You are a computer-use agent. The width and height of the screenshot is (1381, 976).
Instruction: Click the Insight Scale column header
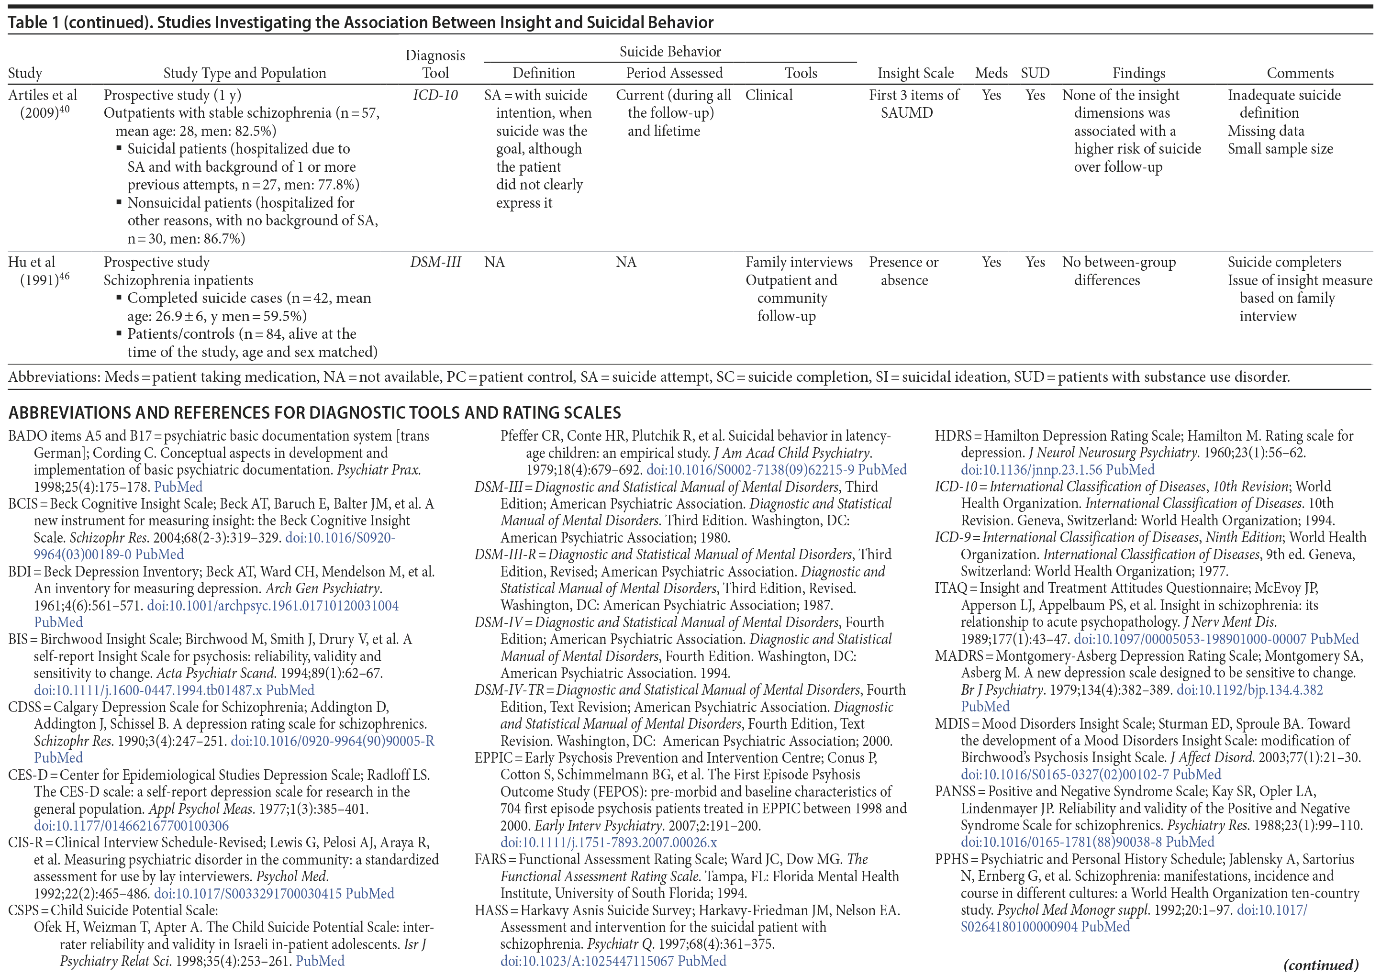coord(915,73)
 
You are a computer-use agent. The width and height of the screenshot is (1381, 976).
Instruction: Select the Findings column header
coord(1138,73)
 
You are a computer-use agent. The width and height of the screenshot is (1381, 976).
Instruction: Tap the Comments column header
coord(1300,73)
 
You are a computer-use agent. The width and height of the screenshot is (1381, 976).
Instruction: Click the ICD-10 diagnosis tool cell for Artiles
coord(435,95)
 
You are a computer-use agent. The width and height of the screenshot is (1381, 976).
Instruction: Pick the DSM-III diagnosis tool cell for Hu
coord(435,262)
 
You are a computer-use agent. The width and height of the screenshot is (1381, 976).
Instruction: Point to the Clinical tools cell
coord(768,95)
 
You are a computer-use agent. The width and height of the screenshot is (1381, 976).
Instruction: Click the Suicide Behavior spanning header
coord(670,52)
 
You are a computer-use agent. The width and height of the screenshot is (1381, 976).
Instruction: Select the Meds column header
coord(991,73)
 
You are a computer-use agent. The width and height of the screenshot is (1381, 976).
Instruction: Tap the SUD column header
coord(1035,73)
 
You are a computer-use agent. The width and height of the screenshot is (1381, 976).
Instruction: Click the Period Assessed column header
coord(674,73)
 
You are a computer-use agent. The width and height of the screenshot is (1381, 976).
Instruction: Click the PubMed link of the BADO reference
coord(178,487)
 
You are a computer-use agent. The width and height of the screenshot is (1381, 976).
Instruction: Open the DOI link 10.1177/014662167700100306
coord(131,826)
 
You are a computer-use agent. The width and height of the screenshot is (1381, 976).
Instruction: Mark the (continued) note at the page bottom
coord(1320,965)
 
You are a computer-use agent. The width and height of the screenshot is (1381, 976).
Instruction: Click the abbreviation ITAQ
coord(951,588)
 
